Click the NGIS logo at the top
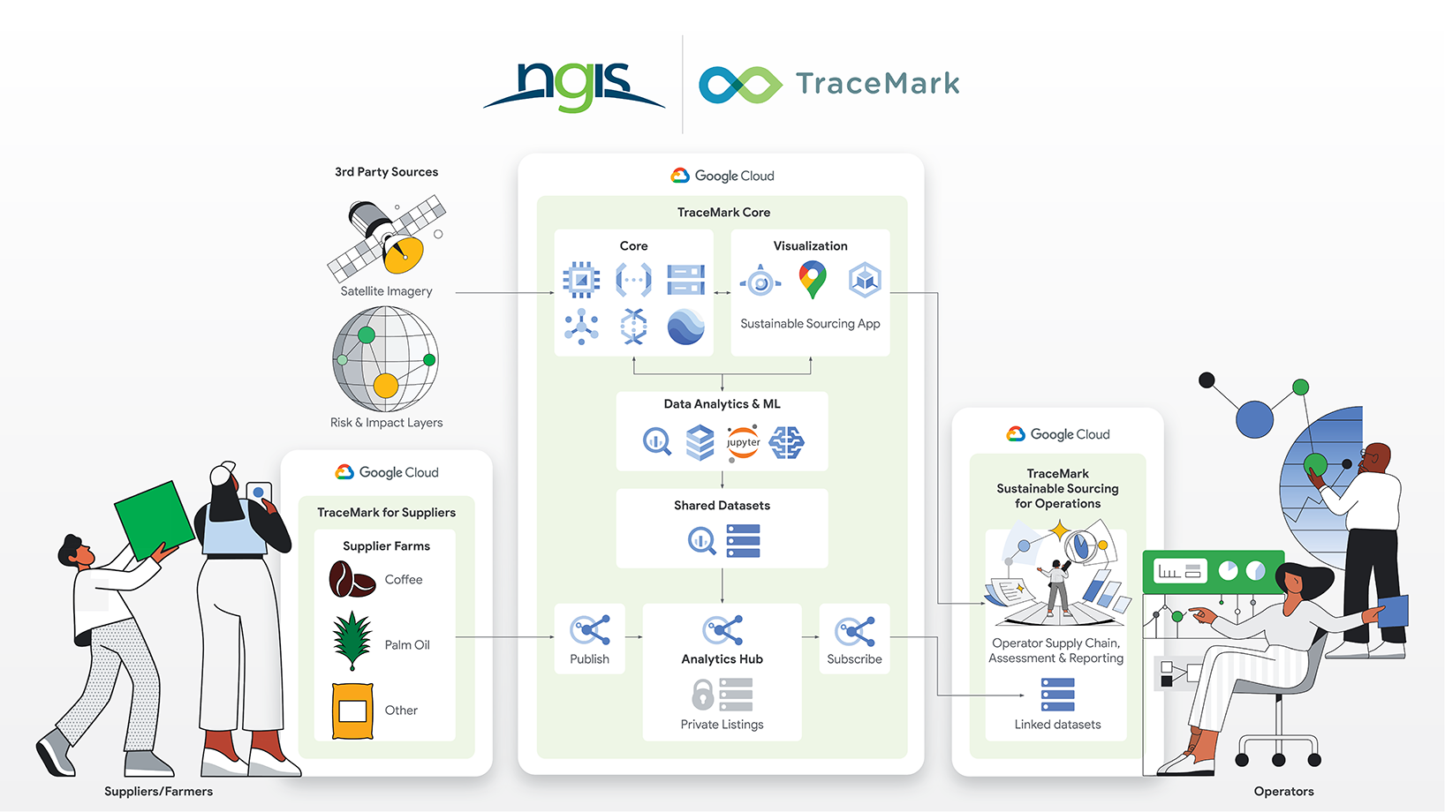574,86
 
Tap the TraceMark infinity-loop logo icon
740,85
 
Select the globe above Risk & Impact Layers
385,359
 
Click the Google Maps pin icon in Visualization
812,280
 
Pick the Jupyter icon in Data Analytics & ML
743,441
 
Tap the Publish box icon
590,630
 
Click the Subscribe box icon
854,630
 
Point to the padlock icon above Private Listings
702,695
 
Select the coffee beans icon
351,580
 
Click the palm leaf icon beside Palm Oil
352,642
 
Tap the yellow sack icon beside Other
352,710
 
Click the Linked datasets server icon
1057,695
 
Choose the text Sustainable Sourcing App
810,324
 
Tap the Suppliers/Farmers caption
158,792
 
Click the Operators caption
1283,792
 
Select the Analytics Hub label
722,659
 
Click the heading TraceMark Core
723,213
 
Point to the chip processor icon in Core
581,280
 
